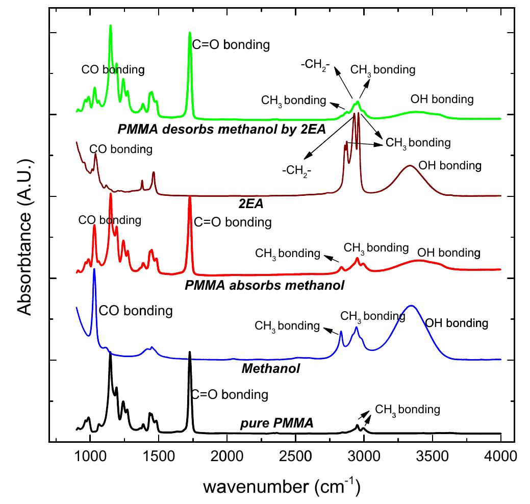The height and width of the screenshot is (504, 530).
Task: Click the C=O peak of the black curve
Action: pos(190,352)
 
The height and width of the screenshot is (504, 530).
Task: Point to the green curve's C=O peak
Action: pos(190,32)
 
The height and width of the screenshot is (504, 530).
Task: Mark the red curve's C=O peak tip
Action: pos(190,196)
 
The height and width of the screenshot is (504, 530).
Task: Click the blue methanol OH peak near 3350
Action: pos(412,306)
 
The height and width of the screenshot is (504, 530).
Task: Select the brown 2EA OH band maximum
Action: pos(409,165)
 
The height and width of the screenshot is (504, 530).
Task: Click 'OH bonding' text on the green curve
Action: pos(442,99)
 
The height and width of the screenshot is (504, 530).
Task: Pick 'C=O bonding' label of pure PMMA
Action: pos(230,394)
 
